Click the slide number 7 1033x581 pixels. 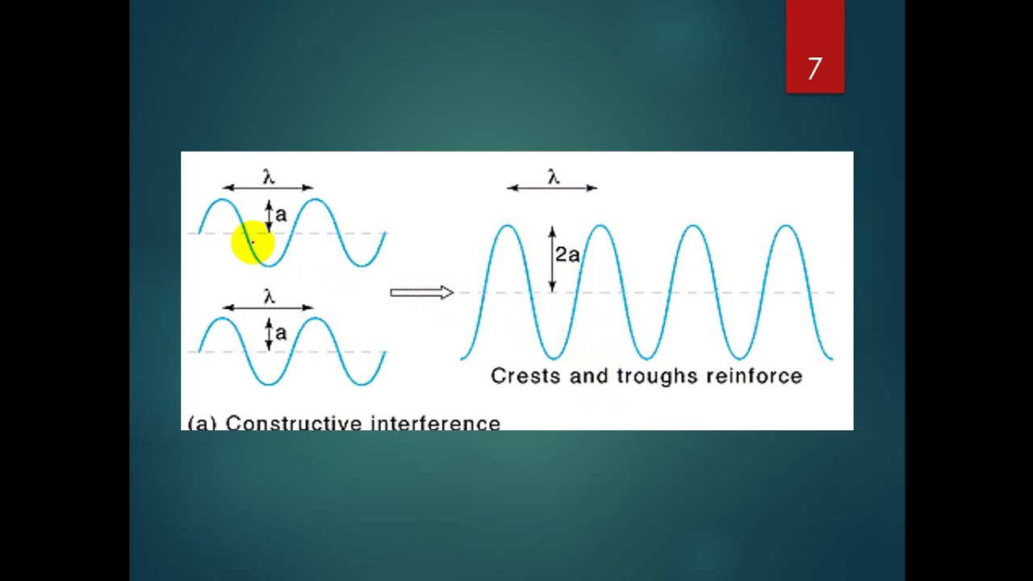click(x=814, y=69)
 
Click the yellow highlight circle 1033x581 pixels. click(x=253, y=242)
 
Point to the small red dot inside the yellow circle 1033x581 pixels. click(x=253, y=241)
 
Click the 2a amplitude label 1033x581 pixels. click(x=567, y=255)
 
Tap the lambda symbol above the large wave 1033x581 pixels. click(x=553, y=178)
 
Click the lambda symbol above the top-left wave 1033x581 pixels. click(x=269, y=177)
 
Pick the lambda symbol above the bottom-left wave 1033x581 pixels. click(x=269, y=296)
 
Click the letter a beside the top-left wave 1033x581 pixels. click(x=281, y=215)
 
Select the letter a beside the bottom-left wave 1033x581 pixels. click(x=281, y=332)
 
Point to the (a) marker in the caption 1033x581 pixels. click(x=202, y=423)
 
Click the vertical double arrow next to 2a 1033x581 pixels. click(x=552, y=259)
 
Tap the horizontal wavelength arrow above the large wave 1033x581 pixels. click(x=552, y=188)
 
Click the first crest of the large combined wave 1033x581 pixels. click(x=507, y=228)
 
